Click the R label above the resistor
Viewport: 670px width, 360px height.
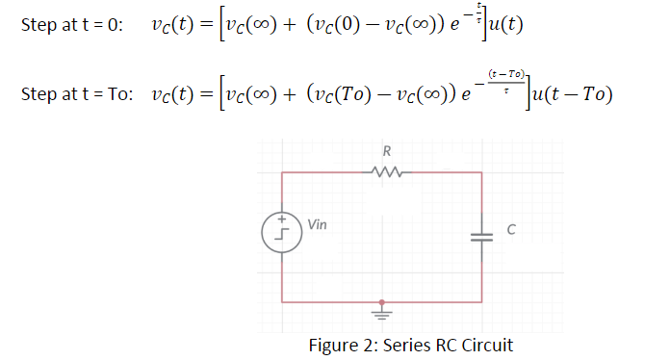click(384, 151)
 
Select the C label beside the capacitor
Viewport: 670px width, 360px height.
click(511, 230)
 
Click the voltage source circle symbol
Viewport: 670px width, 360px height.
click(282, 234)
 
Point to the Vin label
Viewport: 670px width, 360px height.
click(317, 223)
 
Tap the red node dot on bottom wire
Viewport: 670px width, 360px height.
click(382, 300)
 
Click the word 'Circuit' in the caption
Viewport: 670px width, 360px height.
click(488, 345)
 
